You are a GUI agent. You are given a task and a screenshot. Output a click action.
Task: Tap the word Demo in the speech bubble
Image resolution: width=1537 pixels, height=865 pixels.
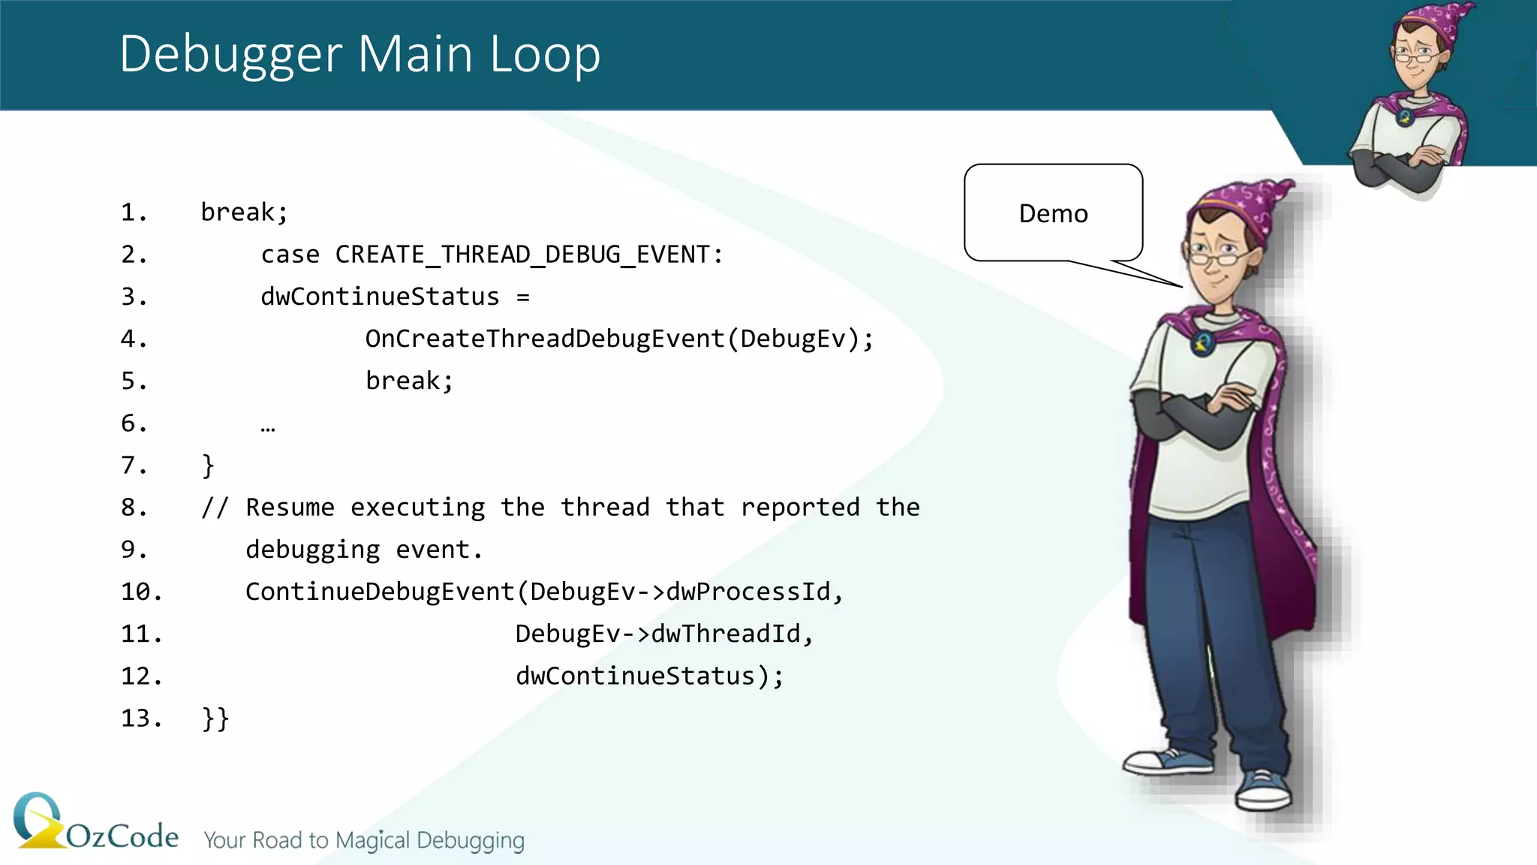pos(1053,214)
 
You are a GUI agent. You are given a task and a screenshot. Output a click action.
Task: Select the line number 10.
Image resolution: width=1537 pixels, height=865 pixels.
pos(140,592)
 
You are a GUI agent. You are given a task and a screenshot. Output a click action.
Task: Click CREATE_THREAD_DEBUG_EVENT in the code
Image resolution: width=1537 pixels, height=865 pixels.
pos(522,255)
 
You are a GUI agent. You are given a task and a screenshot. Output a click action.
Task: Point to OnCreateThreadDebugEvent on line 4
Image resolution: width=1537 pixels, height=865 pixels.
pos(545,339)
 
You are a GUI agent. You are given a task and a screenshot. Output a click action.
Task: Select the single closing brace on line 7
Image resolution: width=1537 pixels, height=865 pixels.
pos(208,466)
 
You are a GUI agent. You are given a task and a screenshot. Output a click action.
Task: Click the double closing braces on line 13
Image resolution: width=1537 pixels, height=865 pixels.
pos(215,719)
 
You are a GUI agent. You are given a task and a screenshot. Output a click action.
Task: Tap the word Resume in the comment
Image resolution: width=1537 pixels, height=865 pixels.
pos(290,508)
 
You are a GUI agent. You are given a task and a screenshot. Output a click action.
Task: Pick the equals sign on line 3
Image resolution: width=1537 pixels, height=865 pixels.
pos(523,297)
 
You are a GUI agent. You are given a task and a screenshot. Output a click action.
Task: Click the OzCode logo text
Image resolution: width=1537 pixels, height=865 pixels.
pos(122,836)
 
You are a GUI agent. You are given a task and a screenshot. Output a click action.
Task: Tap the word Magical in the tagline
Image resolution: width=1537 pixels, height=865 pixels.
pos(372,840)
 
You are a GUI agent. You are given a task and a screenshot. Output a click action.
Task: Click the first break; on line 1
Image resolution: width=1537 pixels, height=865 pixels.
pos(244,212)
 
